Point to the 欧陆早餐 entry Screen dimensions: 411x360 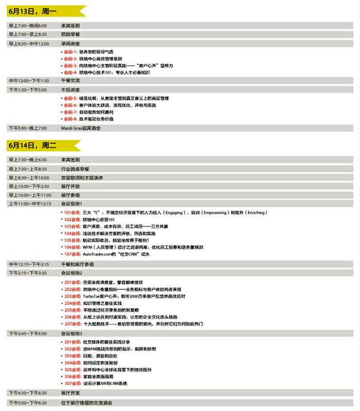(x=70, y=34)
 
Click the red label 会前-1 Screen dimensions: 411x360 (x=70, y=52)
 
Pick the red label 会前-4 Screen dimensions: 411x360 (x=70, y=72)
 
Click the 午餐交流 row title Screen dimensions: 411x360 (x=70, y=81)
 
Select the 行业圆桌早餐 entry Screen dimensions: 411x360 (x=75, y=169)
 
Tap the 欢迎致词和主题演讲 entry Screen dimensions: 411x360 (x=82, y=177)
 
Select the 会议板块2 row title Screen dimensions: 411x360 (x=71, y=273)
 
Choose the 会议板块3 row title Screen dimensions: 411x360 (x=71, y=333)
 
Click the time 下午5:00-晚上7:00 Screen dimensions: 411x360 (x=27, y=127)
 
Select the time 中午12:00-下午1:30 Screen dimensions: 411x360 (x=29, y=81)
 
